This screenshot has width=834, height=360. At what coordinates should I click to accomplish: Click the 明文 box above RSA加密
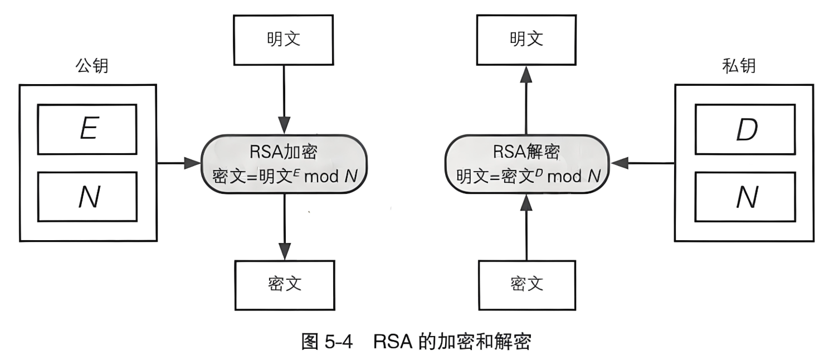(284, 40)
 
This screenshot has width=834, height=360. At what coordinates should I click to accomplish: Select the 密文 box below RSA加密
(284, 284)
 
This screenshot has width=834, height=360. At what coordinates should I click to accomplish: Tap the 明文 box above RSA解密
(526, 40)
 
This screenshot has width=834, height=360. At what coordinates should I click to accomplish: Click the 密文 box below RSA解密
(526, 284)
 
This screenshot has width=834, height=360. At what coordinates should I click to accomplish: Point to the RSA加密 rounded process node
(284, 164)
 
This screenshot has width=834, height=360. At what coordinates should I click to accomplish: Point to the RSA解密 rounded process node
(526, 164)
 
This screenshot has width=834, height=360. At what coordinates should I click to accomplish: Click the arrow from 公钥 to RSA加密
(178, 163)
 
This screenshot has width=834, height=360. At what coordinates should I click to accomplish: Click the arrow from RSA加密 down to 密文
(284, 226)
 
